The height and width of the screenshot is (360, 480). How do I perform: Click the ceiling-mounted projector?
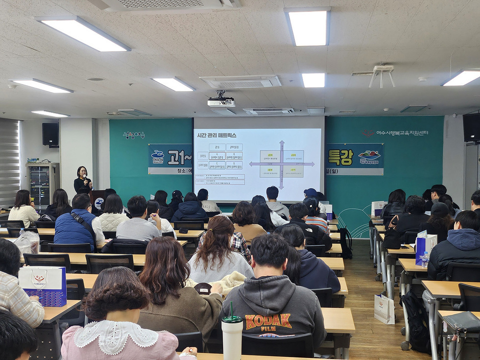pos(221,101)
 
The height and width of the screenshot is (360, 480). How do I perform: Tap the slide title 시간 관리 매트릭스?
pos(216,135)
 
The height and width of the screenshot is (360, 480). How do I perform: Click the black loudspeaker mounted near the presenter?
pos(50,134)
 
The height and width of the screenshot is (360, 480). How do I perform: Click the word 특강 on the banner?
pos(340,157)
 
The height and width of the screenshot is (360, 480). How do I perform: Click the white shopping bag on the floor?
pos(384,309)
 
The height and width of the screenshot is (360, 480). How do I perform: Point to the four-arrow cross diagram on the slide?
pos(282,164)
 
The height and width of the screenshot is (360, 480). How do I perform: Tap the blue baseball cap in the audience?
pos(311,192)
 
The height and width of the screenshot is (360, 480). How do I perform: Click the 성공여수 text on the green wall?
pos(134,135)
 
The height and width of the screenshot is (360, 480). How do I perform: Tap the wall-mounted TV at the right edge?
pos(471,127)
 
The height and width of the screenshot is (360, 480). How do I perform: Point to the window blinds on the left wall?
pos(9,162)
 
